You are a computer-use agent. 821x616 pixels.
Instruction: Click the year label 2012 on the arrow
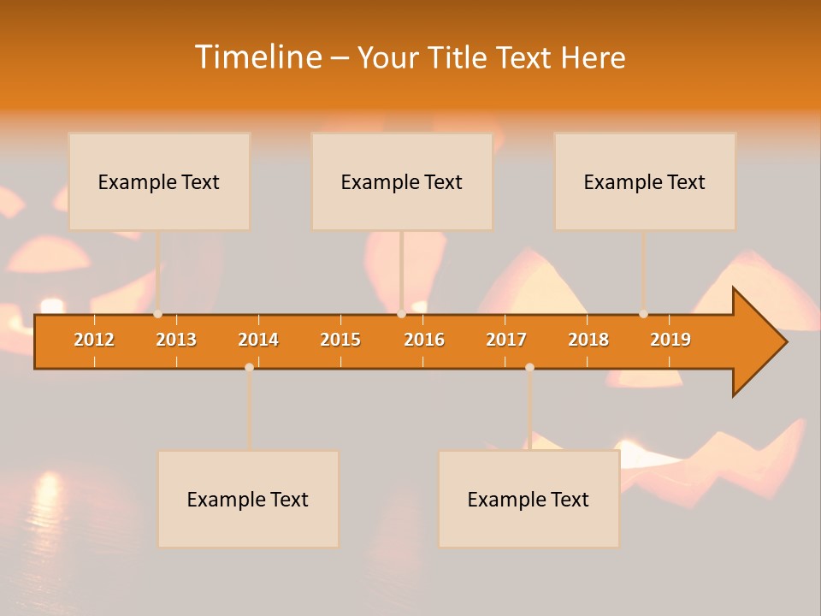94,340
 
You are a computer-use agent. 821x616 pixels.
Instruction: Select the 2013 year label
176,340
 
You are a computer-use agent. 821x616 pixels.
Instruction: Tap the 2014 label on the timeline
258,340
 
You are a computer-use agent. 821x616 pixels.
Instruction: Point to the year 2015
340,340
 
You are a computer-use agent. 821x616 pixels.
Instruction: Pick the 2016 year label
424,340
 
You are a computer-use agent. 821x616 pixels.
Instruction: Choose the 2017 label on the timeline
506,340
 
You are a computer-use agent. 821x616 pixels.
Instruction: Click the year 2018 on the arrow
588,340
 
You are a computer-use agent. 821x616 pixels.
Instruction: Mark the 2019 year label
670,340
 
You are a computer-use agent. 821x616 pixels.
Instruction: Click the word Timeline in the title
257,57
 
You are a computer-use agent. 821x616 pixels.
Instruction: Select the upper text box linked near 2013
159,181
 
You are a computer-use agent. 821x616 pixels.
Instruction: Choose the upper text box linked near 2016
402,181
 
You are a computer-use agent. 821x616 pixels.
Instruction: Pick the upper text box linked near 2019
645,181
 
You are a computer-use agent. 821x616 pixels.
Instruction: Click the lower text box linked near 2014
248,499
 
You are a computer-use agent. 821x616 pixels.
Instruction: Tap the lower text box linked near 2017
529,499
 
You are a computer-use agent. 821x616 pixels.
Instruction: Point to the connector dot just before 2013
158,314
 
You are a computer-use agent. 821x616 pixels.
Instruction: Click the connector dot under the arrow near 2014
249,367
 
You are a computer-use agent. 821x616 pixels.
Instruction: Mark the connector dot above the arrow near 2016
401,314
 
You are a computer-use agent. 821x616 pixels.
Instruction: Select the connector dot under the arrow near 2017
529,367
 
